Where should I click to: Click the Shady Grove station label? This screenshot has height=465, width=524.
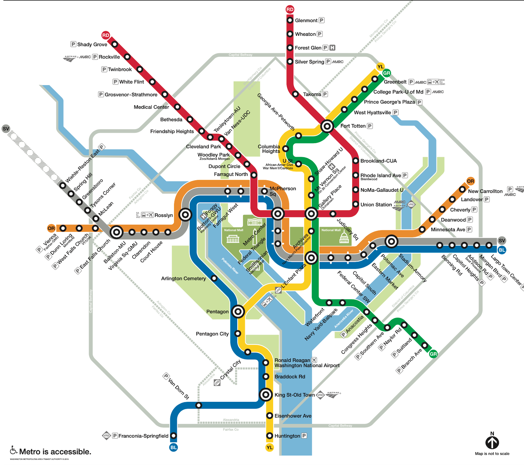click(x=92, y=45)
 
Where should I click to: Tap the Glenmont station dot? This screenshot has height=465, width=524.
click(x=290, y=20)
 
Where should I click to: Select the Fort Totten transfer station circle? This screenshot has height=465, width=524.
click(x=327, y=126)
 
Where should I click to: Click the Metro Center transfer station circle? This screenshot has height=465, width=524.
click(x=278, y=214)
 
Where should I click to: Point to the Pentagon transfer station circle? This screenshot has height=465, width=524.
click(x=238, y=312)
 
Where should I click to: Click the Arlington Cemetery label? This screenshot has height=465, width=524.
click(x=183, y=278)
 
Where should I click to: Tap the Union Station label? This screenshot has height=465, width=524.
click(x=376, y=205)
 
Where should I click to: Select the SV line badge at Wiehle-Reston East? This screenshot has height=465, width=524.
click(x=6, y=129)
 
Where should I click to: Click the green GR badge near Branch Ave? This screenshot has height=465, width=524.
click(x=433, y=354)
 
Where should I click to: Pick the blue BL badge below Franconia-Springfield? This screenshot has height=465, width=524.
click(x=174, y=447)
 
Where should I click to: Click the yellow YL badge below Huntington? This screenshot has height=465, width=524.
click(x=270, y=447)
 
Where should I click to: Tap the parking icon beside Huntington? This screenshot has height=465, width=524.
click(x=304, y=436)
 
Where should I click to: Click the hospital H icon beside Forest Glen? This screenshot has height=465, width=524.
click(x=332, y=48)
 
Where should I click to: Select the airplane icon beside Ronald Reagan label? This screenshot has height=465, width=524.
click(x=314, y=360)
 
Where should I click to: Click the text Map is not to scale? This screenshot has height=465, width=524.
click(x=492, y=454)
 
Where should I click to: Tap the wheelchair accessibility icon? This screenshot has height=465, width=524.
click(x=13, y=450)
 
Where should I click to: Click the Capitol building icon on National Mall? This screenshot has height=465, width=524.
click(x=344, y=238)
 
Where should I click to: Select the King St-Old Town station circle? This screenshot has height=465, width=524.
click(x=266, y=395)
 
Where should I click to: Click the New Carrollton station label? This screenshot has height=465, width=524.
click(x=485, y=191)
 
